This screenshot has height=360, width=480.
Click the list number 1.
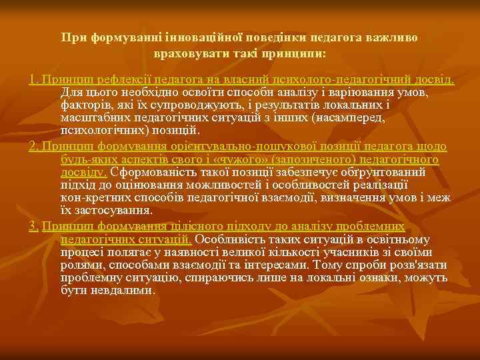click(x=33, y=80)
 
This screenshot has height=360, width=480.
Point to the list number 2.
click(x=33, y=147)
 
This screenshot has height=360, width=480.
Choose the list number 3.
click(x=33, y=226)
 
